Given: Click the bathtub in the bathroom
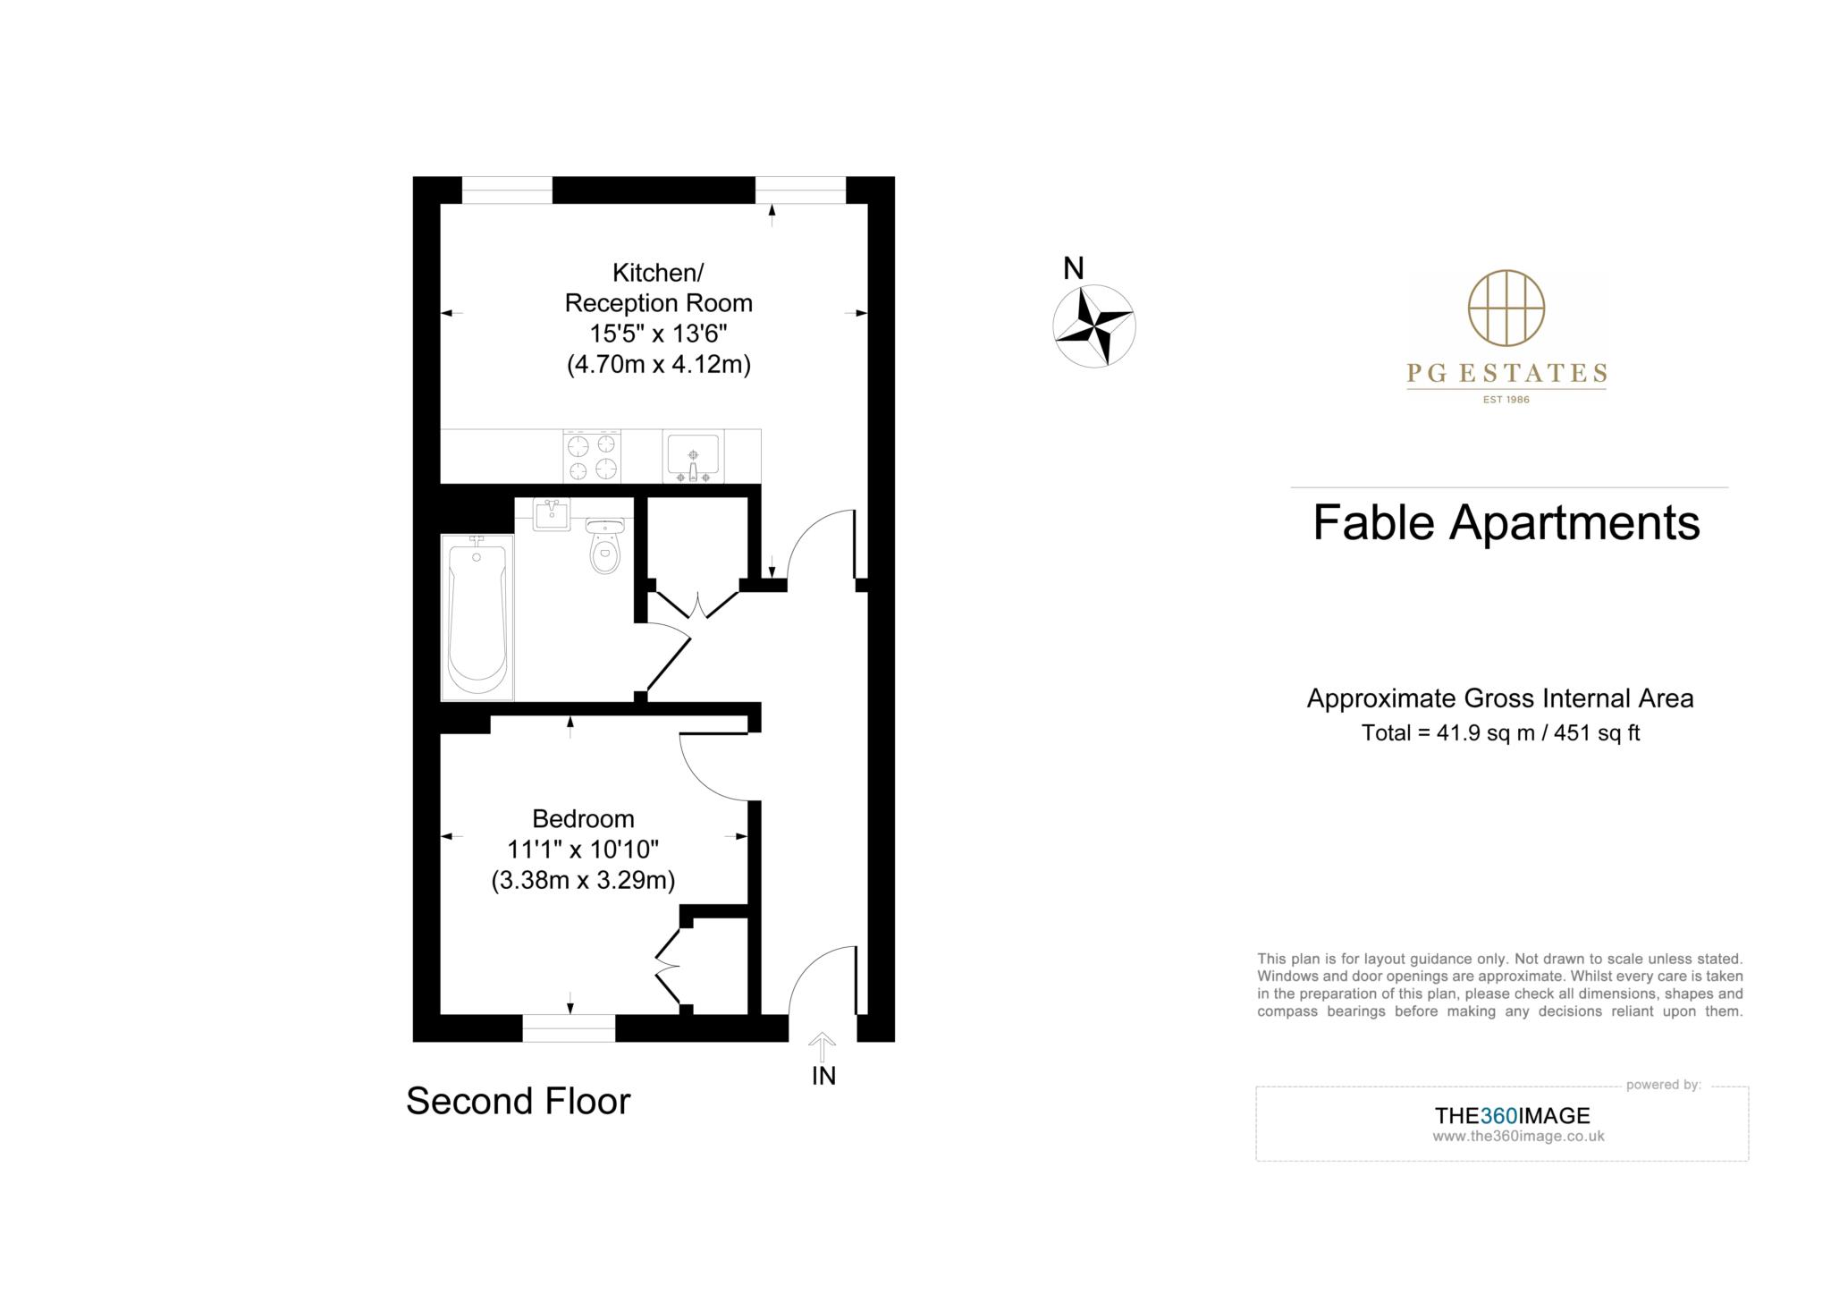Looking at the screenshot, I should point(477,617).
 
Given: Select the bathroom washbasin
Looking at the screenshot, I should point(552,515).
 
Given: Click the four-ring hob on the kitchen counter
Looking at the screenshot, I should point(592,456).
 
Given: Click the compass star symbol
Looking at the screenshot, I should point(1094,326).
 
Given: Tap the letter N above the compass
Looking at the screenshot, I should point(1073,268).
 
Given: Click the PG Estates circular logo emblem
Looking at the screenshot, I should point(1506,309).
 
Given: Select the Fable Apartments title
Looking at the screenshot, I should point(1506,523).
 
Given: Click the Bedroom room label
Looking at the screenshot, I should point(583,818).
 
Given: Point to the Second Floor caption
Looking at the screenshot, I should point(519,1101).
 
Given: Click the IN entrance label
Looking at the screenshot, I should point(823,1076).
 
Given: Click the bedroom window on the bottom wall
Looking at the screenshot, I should point(569,1028).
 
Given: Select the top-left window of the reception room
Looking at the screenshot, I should point(507,190).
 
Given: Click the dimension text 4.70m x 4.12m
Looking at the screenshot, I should point(659,365).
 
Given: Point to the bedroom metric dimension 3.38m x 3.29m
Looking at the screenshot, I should point(583,880).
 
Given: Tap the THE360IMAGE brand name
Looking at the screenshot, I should point(1513,1115).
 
